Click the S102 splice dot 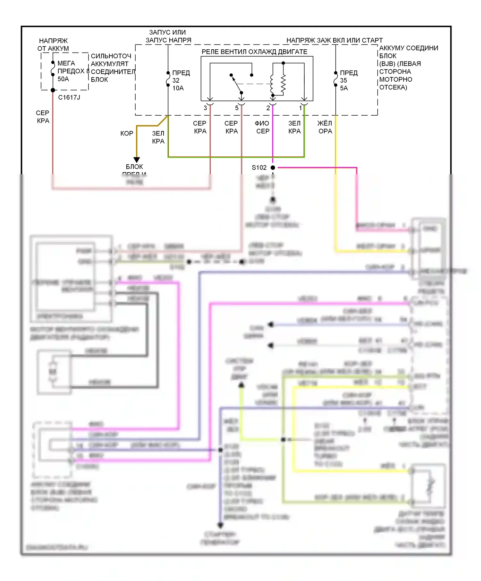pyautogui.click(x=273, y=168)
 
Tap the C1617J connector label pyautogui.click(x=69, y=97)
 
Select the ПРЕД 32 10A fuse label pyautogui.click(x=181, y=80)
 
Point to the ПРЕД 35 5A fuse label pyautogui.click(x=348, y=80)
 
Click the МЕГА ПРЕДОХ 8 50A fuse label pyautogui.click(x=71, y=71)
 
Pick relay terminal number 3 pyautogui.click(x=205, y=108)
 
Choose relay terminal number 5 pyautogui.click(x=237, y=108)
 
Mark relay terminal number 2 pyautogui.click(x=268, y=108)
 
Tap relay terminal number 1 pyautogui.click(x=300, y=108)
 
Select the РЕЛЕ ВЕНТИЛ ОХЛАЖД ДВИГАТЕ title pyautogui.click(x=254, y=52)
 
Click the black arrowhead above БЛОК pyautogui.click(x=137, y=160)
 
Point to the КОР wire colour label pyautogui.click(x=127, y=133)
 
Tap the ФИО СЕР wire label pyautogui.click(x=262, y=127)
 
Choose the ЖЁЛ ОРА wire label pyautogui.click(x=325, y=127)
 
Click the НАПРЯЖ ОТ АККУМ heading pyautogui.click(x=53, y=45)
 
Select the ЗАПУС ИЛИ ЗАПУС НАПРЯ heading pyautogui.click(x=168, y=36)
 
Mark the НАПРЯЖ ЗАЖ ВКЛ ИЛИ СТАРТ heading pyautogui.click(x=334, y=40)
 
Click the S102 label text pyautogui.click(x=259, y=168)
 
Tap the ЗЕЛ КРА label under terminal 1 pyautogui.click(x=294, y=127)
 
